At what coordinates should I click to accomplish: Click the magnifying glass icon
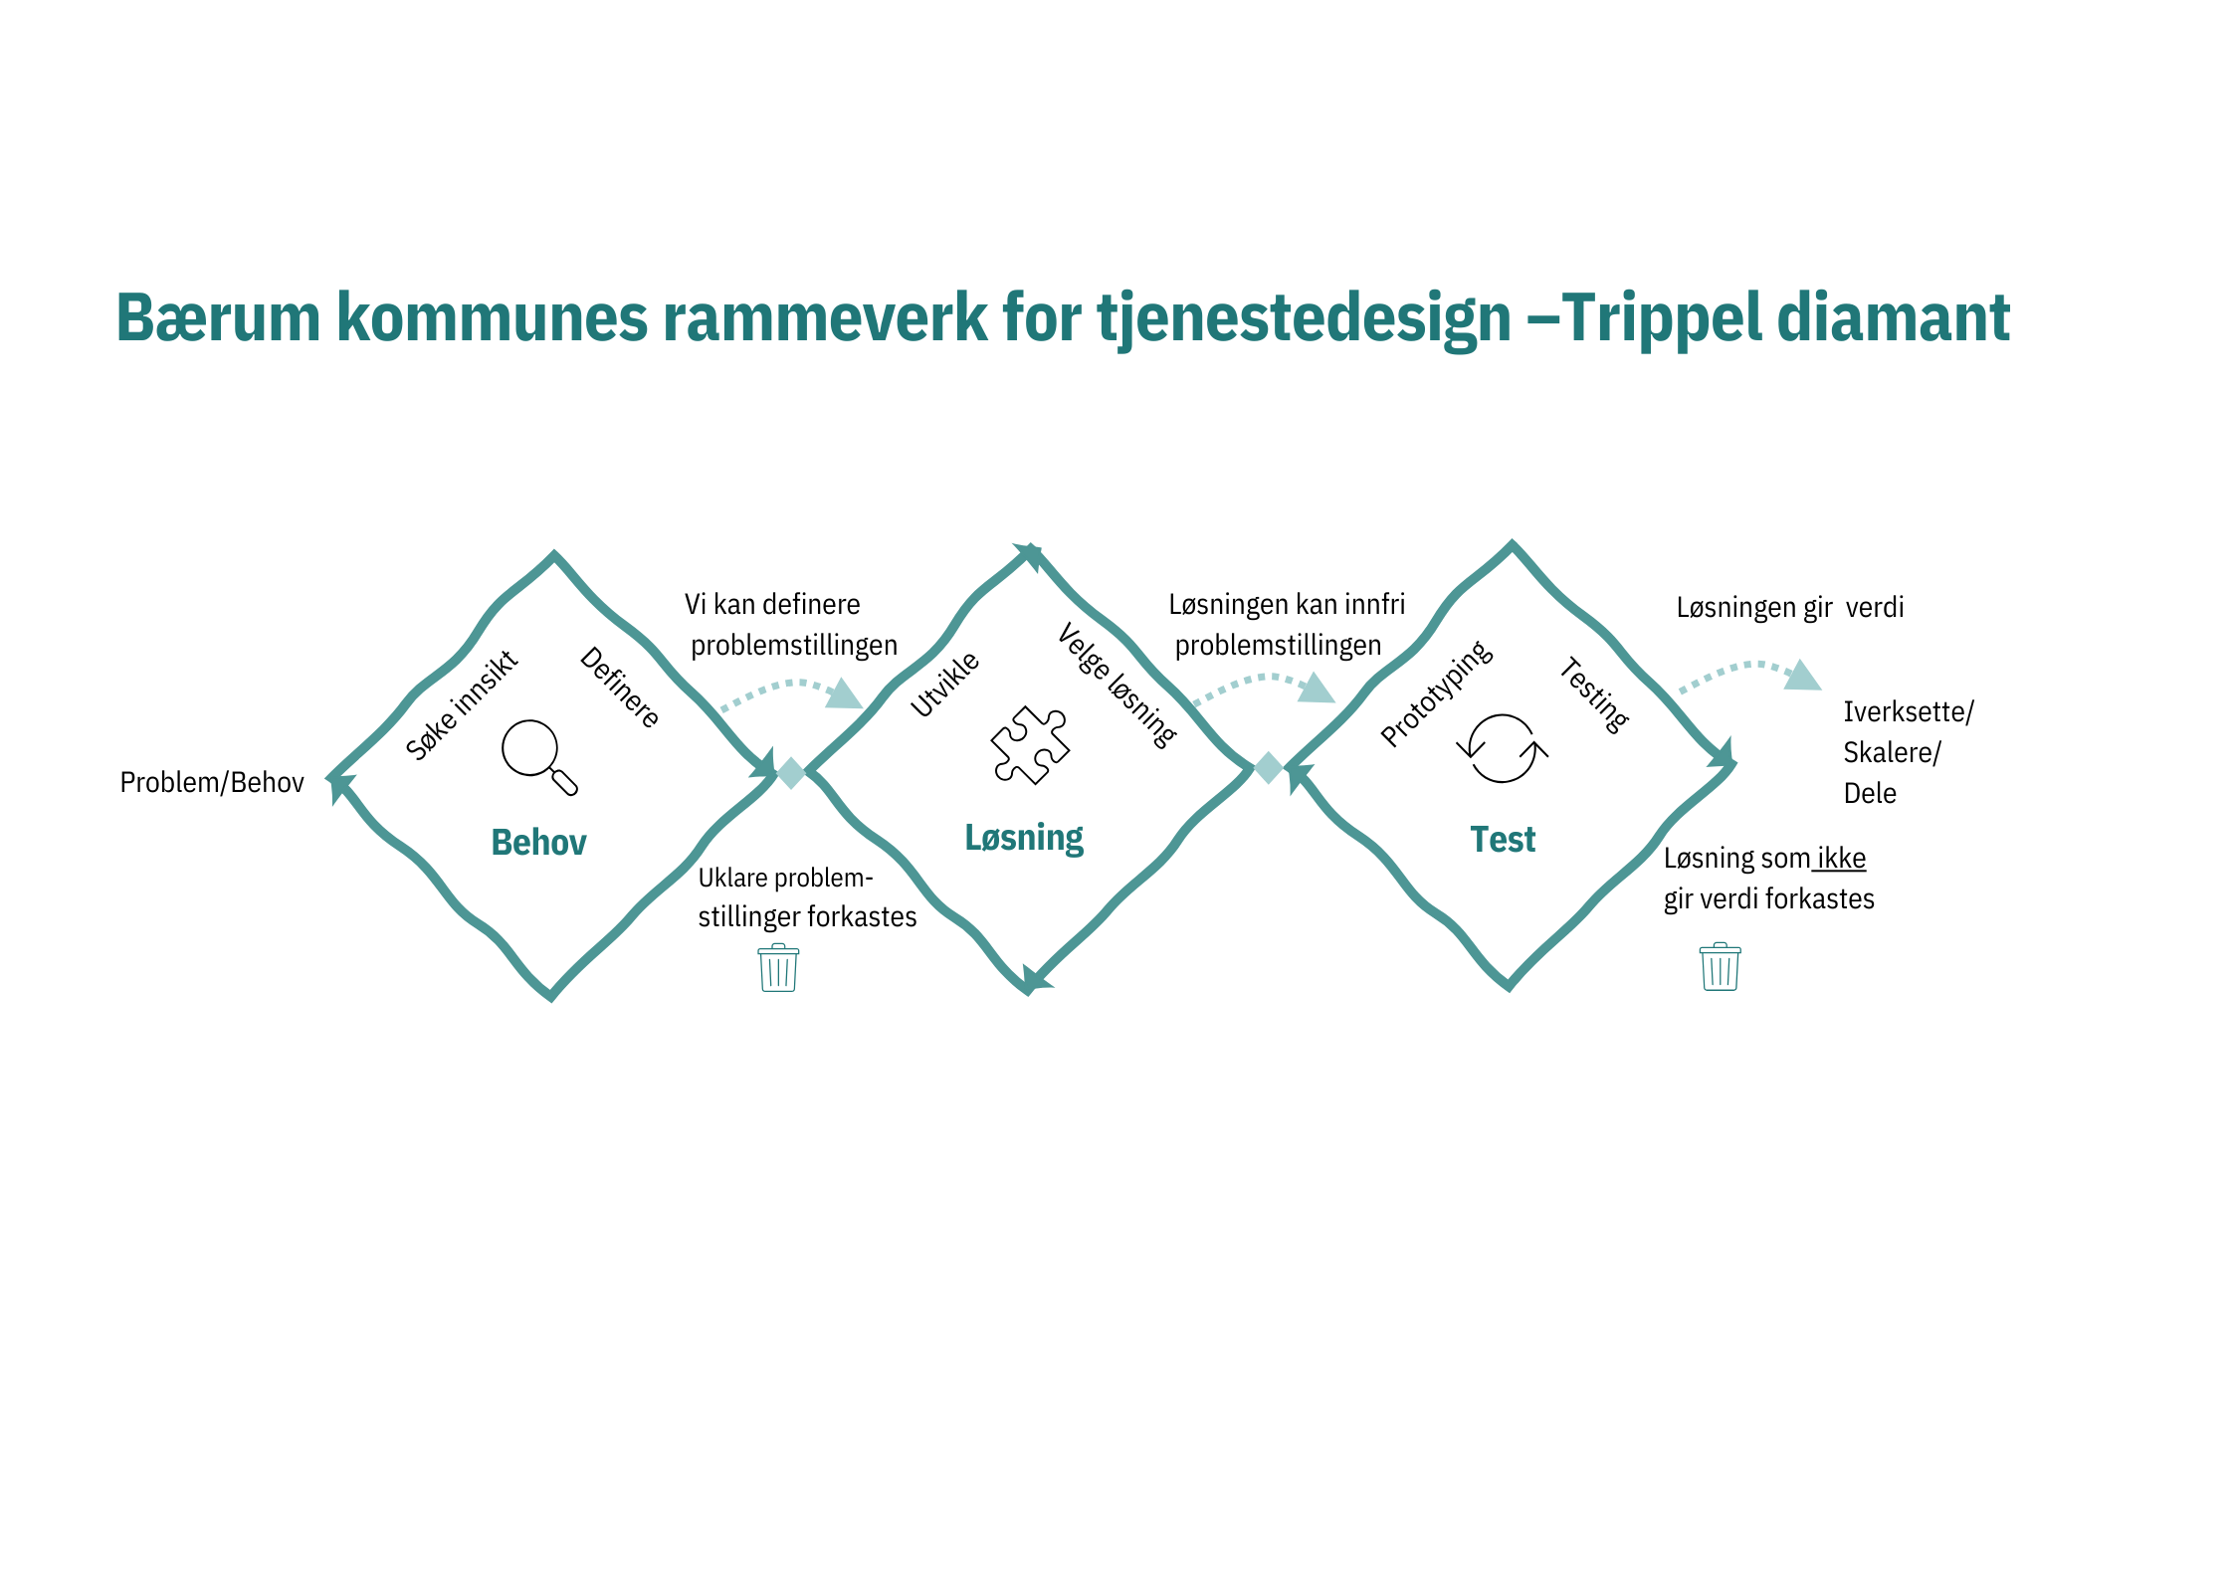tap(538, 756)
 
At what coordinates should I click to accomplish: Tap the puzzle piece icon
tap(1030, 745)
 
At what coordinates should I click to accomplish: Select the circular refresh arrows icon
tap(1502, 748)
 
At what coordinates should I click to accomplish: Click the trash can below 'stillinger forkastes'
tap(778, 968)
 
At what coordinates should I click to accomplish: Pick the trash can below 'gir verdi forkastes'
tap(1720, 967)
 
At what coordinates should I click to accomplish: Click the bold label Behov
tap(538, 843)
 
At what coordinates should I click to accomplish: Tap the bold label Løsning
tap(1024, 838)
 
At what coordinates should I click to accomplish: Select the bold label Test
tap(1503, 840)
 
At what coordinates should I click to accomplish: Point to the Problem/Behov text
tap(212, 782)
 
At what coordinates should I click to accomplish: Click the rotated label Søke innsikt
tap(462, 704)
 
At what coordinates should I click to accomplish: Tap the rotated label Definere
tap(620, 687)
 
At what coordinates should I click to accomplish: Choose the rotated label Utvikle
tap(944, 684)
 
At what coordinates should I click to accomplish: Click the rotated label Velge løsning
tap(1117, 685)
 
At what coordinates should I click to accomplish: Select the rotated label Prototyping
tap(1436, 692)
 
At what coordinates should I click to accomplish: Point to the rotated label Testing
tap(1593, 694)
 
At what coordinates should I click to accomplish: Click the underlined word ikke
tap(1841, 858)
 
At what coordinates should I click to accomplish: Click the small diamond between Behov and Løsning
tap(791, 772)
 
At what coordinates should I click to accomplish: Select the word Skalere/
tap(1892, 752)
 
